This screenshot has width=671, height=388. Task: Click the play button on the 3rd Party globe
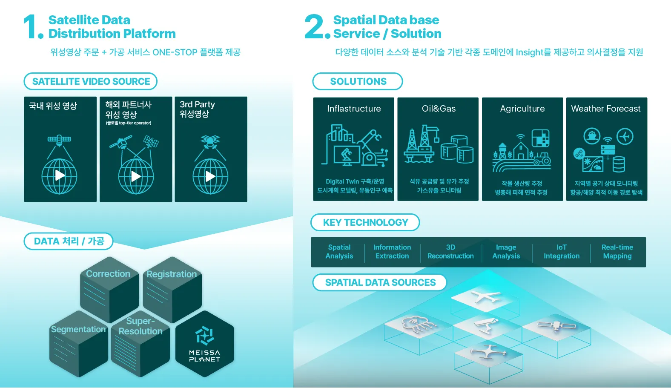[210, 176]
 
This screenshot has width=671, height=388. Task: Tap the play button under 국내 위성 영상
[60, 175]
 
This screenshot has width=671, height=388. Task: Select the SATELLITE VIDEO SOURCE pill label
[91, 81]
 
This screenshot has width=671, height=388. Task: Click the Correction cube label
[108, 274]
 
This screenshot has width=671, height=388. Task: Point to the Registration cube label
[172, 274]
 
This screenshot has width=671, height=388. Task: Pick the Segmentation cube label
[78, 329]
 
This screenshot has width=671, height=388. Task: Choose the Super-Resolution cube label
[141, 326]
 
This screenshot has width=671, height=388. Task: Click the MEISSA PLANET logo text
[204, 356]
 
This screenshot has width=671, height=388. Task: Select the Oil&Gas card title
[439, 109]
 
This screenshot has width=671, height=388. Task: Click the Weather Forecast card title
[605, 109]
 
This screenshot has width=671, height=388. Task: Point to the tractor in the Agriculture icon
[542, 159]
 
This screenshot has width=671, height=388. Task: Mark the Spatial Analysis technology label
[339, 252]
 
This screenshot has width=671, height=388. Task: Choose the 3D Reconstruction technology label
[450, 252]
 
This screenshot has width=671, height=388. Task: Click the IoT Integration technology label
[562, 252]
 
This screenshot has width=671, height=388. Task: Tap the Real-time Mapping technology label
[617, 252]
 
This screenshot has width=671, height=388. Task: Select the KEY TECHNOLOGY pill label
[365, 222]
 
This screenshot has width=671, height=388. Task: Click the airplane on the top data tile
[486, 296]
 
